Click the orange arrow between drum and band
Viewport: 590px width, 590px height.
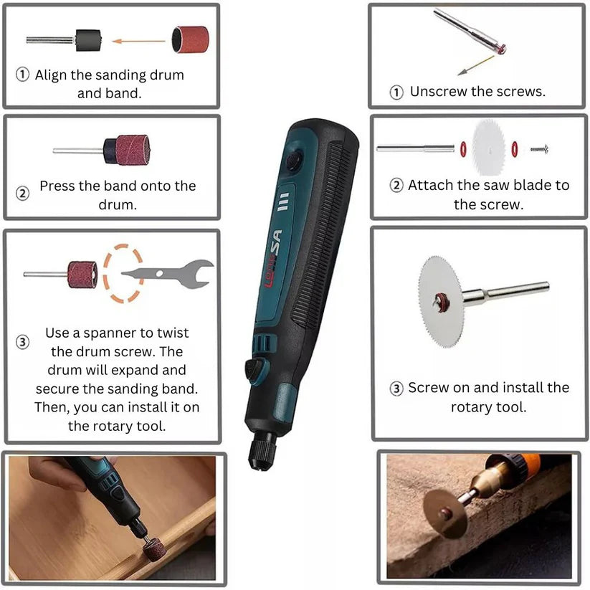point(138,41)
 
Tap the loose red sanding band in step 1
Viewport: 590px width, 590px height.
point(191,39)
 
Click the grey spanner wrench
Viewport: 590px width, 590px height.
point(168,274)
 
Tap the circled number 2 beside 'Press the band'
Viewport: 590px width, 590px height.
point(22,194)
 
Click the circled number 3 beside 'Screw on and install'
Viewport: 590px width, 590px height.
point(396,389)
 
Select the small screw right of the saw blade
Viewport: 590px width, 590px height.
point(540,149)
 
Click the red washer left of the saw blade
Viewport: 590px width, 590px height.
point(463,149)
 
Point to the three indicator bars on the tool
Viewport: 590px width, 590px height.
point(283,201)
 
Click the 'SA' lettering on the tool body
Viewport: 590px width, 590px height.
point(277,243)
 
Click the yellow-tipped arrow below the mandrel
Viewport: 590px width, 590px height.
point(476,65)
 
